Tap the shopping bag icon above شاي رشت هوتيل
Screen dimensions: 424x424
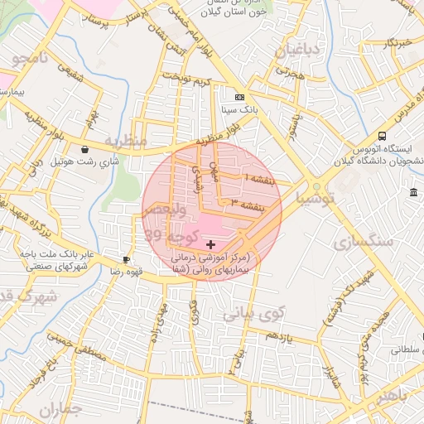coord(85,150)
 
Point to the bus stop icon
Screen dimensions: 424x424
coord(382,136)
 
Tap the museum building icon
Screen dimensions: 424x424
coord(413,193)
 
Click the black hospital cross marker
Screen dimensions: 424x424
coord(210,244)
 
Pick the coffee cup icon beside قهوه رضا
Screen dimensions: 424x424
coord(126,259)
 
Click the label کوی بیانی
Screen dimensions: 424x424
coord(253,313)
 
